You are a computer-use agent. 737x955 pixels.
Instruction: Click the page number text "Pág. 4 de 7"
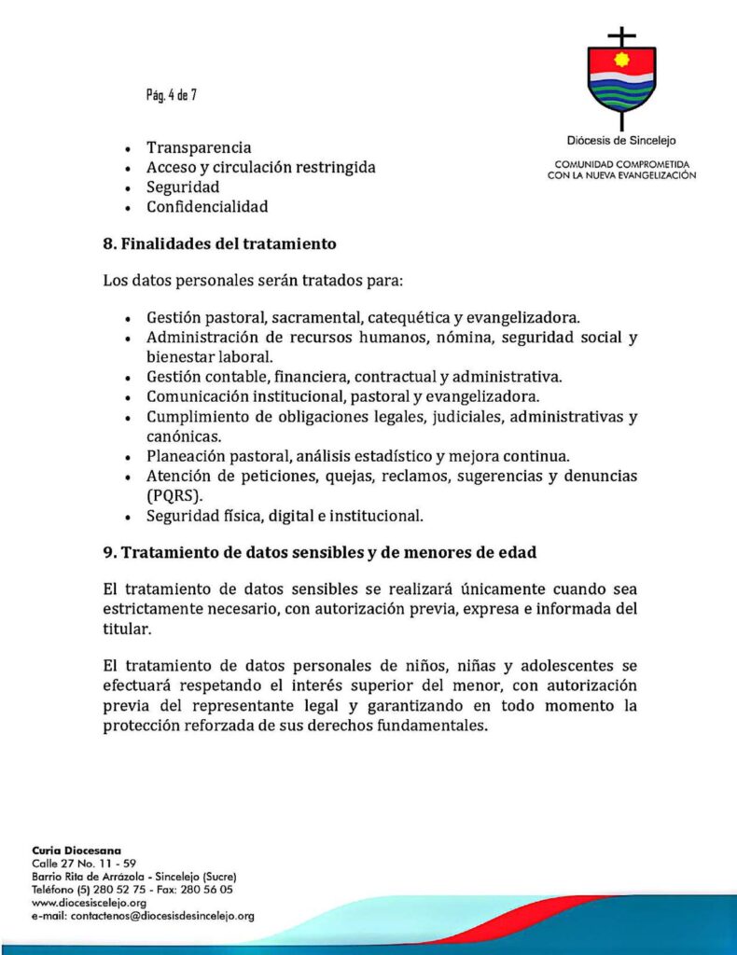coord(171,94)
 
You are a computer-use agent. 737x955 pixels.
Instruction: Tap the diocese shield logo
coord(621,79)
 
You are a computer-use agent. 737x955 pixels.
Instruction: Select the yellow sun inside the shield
coord(621,61)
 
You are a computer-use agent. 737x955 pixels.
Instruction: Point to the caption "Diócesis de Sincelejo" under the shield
coord(621,141)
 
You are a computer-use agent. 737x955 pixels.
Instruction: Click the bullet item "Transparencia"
coord(199,147)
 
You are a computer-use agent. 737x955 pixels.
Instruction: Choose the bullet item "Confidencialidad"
coord(207,206)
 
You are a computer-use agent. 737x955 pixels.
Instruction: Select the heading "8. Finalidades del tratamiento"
coord(219,244)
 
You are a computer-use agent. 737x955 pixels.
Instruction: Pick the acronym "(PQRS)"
coord(174,495)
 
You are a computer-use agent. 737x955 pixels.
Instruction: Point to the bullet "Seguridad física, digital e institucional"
coord(285,515)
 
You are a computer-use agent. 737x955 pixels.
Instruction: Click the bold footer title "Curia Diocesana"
coord(76,851)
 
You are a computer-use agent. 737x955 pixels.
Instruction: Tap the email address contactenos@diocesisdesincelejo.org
coord(143,916)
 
